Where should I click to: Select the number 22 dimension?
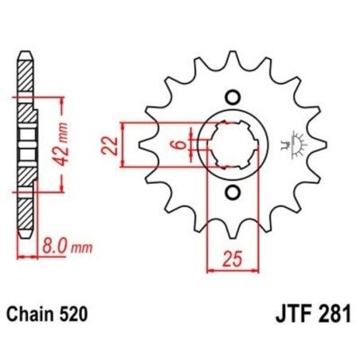coord(112,145)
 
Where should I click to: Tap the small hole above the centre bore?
coord(233,97)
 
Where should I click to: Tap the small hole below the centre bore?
coord(233,193)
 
